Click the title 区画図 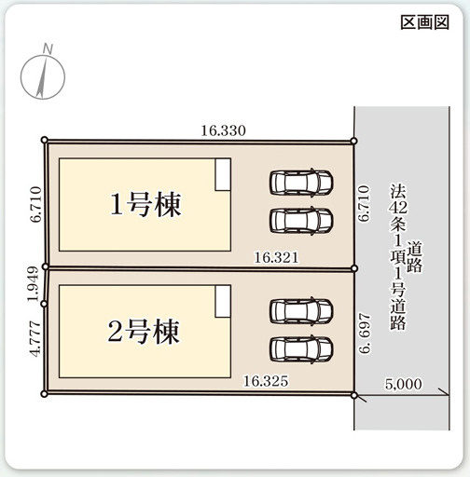[x=424, y=22]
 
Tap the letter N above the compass [x=48, y=49]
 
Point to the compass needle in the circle [x=42, y=76]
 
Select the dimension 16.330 [x=223, y=130]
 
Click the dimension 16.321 [x=276, y=257]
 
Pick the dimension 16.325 [x=266, y=381]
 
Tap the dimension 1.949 [x=34, y=284]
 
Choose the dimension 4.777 [x=35, y=339]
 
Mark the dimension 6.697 [x=365, y=334]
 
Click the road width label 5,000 [x=404, y=384]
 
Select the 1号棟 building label [x=145, y=204]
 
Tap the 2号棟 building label [x=144, y=332]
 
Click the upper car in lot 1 [x=301, y=183]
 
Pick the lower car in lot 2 [x=301, y=349]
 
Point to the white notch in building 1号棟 [x=223, y=174]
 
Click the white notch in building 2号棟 [x=223, y=301]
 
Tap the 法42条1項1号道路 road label [x=406, y=256]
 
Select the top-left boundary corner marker [x=45, y=140]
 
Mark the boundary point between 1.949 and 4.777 [x=44, y=304]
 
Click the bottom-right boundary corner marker [x=353, y=395]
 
